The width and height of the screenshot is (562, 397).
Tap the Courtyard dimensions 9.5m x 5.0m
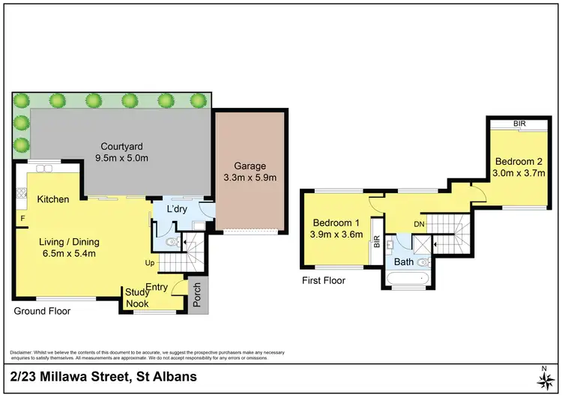click(122, 158)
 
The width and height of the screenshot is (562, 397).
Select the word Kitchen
click(52, 199)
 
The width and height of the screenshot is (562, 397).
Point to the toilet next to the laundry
click(171, 242)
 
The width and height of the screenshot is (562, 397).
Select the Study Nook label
click(136, 298)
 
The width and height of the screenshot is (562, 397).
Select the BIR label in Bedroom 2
click(518, 124)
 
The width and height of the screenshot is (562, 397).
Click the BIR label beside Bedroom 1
click(376, 242)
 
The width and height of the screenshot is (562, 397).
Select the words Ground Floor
click(43, 310)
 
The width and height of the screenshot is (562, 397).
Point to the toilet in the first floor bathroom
click(423, 261)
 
